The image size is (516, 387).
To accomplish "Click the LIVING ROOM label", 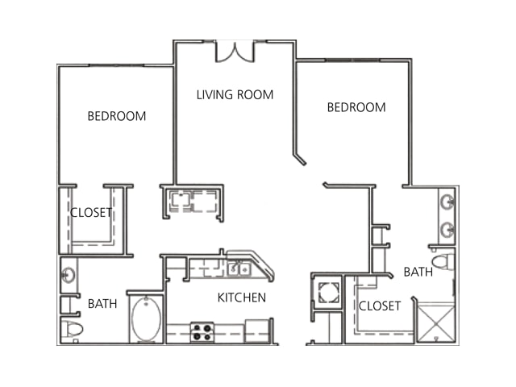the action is [x=235, y=95].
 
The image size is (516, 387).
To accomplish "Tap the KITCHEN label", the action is [x=242, y=298].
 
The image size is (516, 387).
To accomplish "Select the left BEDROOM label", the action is [x=116, y=116].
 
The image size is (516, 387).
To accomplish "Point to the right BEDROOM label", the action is [x=356, y=107].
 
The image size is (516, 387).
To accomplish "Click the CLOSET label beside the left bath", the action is [x=91, y=213].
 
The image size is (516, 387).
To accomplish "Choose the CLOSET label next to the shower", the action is [x=380, y=306].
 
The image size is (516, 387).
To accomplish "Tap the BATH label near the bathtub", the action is [x=102, y=303].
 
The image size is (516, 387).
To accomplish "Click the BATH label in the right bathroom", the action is [x=418, y=272].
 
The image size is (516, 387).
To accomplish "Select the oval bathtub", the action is [x=147, y=318].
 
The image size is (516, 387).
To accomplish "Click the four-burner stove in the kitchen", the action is [x=202, y=332].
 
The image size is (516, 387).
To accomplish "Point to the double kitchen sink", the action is [x=239, y=269].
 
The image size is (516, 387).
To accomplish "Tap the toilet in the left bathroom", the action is [x=72, y=329].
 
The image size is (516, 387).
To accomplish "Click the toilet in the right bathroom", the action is [x=443, y=262].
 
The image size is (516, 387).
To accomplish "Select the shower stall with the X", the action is [x=436, y=324].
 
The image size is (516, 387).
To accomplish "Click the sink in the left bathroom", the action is [x=69, y=275].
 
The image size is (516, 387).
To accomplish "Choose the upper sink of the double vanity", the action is [x=447, y=202].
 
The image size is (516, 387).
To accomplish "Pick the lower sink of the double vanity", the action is [x=447, y=229].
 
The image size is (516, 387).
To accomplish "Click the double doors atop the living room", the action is [x=235, y=52].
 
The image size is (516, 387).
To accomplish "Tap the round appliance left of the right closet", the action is [x=328, y=292].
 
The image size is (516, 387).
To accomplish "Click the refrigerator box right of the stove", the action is [x=257, y=331].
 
